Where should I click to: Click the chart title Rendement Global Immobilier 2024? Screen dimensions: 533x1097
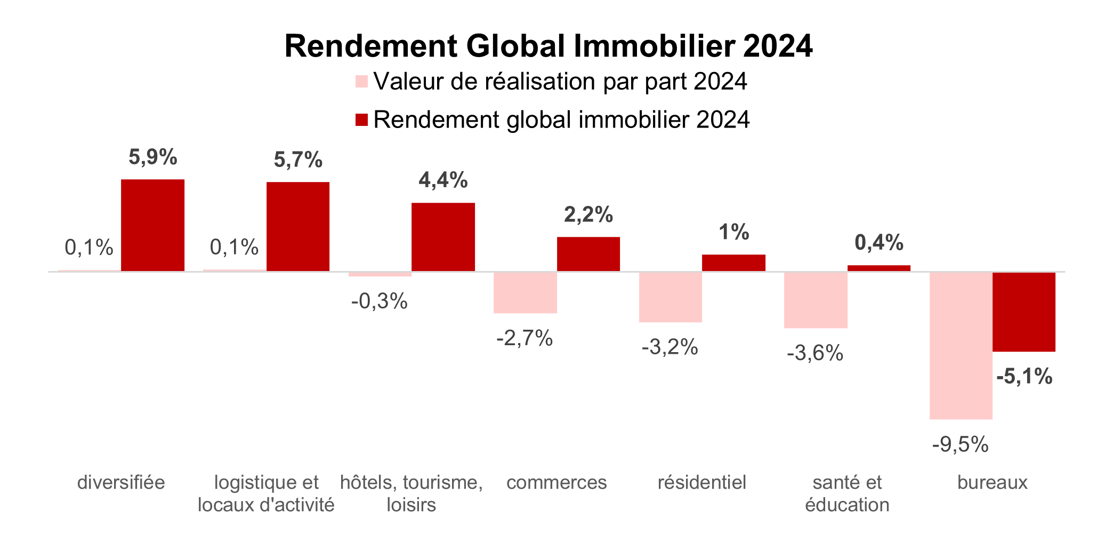point(548,46)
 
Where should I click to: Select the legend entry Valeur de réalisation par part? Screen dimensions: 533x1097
point(560,82)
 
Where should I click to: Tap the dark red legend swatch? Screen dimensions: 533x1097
point(362,120)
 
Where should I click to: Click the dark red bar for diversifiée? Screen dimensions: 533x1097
point(152,225)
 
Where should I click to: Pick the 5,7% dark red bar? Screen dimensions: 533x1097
point(298,227)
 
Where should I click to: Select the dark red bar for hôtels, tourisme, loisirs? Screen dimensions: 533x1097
point(443,237)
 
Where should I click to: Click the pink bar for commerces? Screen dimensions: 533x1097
point(525,292)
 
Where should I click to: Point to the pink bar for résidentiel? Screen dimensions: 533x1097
point(670,297)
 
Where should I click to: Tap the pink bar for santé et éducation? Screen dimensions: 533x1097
point(816,300)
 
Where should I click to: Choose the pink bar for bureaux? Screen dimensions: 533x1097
point(961,346)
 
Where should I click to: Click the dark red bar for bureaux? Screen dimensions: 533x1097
point(1023,312)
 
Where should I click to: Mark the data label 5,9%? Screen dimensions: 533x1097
point(153,157)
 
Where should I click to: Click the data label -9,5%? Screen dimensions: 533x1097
point(960,445)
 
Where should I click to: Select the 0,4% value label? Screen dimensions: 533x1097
point(879,243)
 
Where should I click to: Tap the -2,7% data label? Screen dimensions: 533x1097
point(525,338)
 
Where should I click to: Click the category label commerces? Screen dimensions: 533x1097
point(556,483)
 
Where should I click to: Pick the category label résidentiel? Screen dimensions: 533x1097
point(701,483)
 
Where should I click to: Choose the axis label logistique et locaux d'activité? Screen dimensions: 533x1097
point(266,494)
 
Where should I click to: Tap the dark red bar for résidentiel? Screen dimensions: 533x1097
point(733,263)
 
